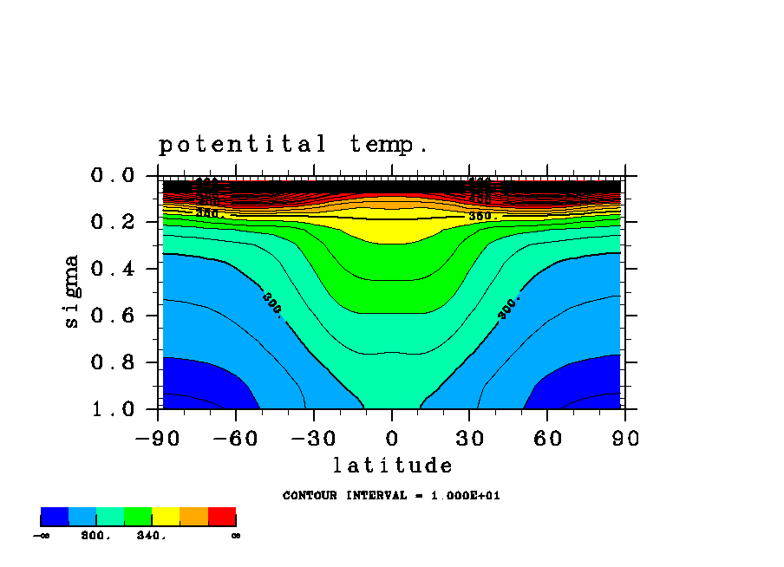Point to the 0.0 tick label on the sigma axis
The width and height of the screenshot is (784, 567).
(114, 176)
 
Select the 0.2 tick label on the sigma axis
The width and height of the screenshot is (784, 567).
(114, 222)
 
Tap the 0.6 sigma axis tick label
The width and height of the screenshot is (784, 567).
(114, 316)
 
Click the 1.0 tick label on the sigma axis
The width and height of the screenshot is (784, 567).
(114, 408)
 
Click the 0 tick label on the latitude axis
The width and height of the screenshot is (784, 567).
(392, 438)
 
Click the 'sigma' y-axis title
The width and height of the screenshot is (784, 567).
(72, 290)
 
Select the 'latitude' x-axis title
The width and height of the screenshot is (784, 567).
(393, 466)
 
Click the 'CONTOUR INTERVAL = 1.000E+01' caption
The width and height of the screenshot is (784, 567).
(391, 496)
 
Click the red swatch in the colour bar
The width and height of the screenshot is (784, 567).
(222, 517)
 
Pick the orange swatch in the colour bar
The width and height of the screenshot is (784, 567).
(193, 517)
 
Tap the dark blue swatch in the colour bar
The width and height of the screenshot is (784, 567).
(55, 517)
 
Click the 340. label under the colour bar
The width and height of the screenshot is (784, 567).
(150, 536)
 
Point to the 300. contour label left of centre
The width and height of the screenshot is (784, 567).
(271, 304)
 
